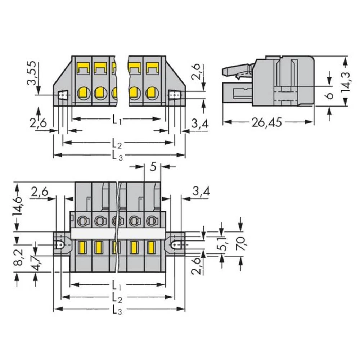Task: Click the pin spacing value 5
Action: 153,167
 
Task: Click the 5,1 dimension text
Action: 224,245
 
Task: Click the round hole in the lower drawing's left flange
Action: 60,245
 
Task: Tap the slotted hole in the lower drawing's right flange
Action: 176,245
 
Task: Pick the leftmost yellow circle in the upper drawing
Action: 83,93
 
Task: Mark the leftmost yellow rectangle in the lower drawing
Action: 82,247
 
